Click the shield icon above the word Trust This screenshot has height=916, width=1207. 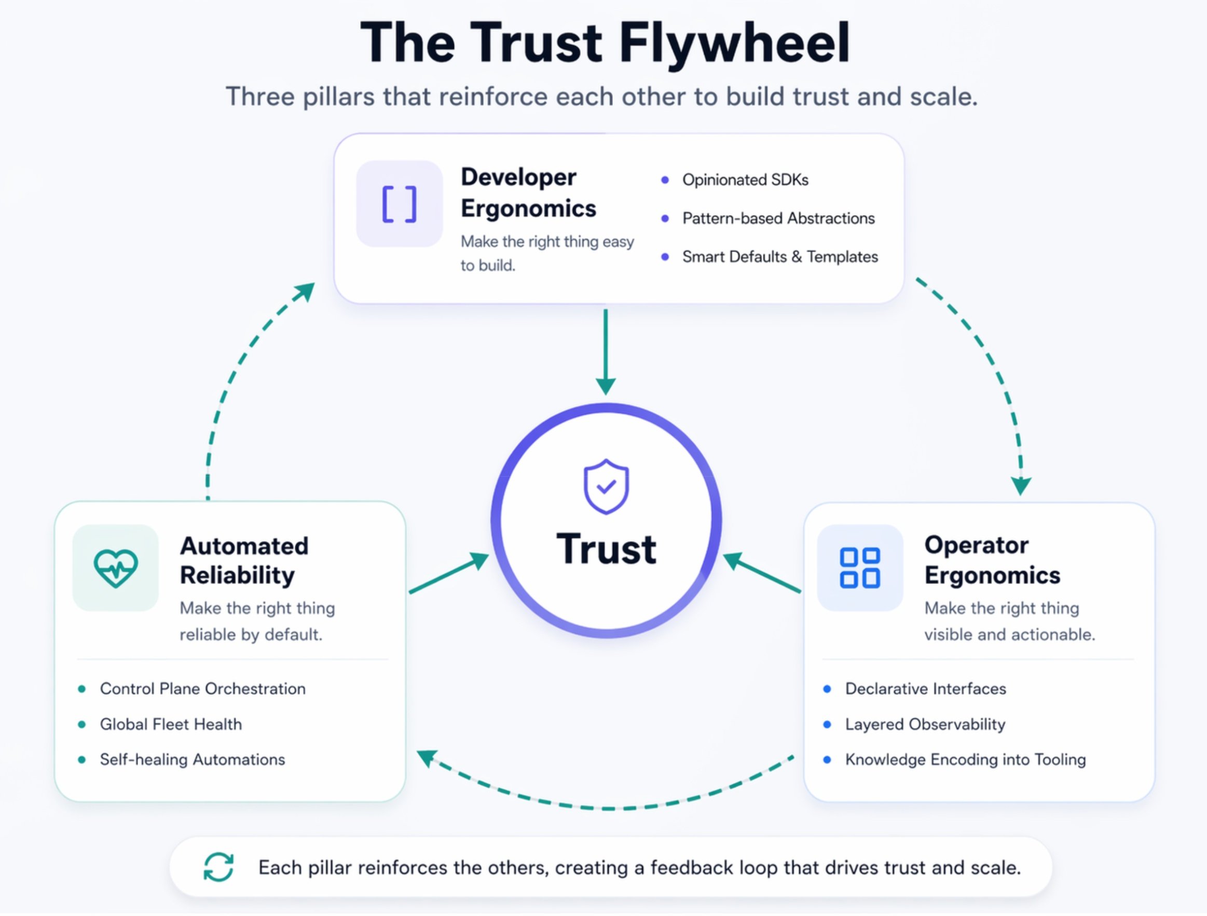[x=606, y=487]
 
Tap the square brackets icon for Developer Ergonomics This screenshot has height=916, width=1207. [x=400, y=204]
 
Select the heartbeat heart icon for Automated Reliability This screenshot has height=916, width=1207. [x=116, y=568]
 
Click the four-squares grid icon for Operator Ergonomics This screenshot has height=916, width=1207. [x=859, y=568]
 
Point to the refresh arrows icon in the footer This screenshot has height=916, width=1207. [x=219, y=867]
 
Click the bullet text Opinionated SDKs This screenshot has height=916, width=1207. [x=745, y=180]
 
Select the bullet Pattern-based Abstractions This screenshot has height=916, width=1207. [x=778, y=218]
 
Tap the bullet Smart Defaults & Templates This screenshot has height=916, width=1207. [x=780, y=256]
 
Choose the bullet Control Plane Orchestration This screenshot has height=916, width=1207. [x=202, y=688]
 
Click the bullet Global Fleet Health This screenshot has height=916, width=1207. [x=171, y=724]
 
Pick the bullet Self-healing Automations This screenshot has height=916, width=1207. [x=192, y=759]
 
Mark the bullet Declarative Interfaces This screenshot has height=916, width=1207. [x=925, y=688]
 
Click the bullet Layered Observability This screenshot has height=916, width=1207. [x=925, y=724]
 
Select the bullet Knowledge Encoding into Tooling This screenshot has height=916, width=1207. [x=965, y=759]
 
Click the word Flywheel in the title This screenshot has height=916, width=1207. [x=734, y=43]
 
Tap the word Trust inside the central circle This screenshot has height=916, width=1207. [x=606, y=548]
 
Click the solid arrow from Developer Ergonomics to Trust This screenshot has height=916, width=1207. [x=606, y=352]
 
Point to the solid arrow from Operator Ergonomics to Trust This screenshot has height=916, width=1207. [x=762, y=572]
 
